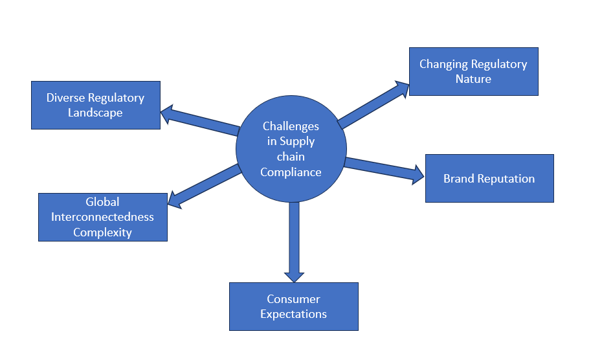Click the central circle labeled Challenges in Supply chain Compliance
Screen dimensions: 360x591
tap(291, 150)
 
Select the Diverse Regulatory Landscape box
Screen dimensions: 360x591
tap(96, 105)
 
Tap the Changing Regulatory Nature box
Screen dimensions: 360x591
tap(473, 71)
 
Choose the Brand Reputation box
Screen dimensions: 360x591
tap(489, 178)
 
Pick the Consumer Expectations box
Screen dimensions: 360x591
tap(293, 306)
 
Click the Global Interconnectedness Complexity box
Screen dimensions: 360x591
tap(102, 217)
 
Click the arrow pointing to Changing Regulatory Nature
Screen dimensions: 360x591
tap(372, 104)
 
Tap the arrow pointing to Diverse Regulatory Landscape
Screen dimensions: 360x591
tap(201, 120)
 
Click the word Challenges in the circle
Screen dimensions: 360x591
tap(291, 126)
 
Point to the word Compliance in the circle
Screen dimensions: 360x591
tap(291, 172)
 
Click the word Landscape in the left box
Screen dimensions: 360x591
tap(95, 113)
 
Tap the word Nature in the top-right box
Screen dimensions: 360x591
tap(473, 79)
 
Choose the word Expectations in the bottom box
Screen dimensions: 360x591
tap(293, 314)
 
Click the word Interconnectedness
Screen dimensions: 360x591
tap(102, 217)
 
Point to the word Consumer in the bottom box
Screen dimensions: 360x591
tap(293, 299)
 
